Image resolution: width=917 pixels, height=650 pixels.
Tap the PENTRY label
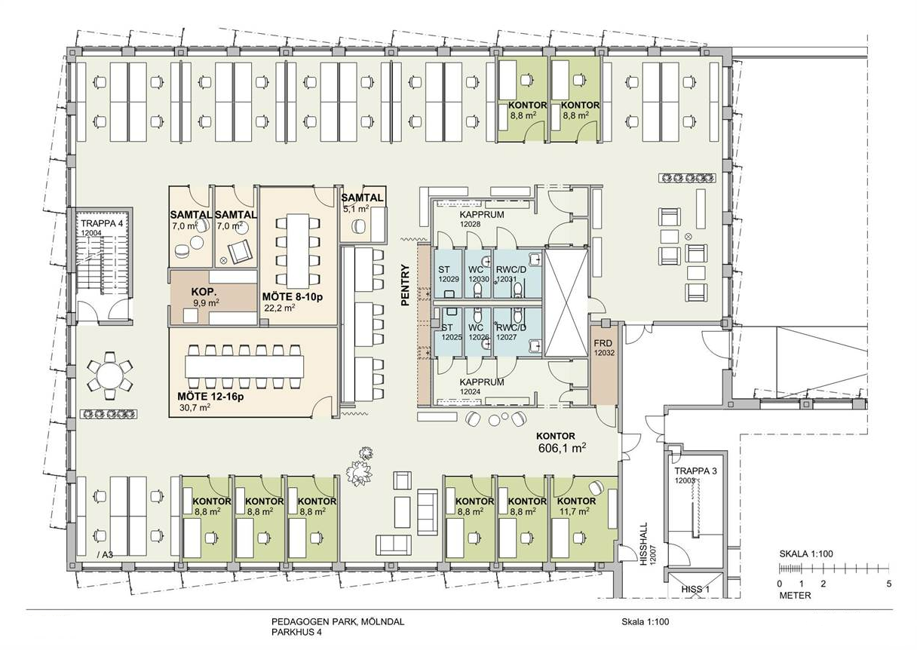click(x=405, y=285)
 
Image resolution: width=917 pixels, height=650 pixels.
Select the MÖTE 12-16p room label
click(x=210, y=396)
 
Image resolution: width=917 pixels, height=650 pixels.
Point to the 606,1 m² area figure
click(x=562, y=448)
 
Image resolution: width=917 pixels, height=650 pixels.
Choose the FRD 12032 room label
click(x=604, y=348)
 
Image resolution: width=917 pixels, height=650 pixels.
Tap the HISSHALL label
click(x=644, y=544)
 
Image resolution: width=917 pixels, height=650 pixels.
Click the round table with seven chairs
click(x=109, y=376)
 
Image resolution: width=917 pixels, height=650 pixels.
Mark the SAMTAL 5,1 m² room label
click(x=362, y=203)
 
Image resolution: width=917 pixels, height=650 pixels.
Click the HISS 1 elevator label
click(x=695, y=590)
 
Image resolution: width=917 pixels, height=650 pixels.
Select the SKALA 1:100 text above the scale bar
click(x=805, y=553)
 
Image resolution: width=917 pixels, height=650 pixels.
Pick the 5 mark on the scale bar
click(x=889, y=584)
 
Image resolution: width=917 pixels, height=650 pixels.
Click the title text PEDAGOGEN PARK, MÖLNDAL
click(x=338, y=622)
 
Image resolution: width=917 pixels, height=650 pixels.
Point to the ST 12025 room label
click(x=451, y=332)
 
